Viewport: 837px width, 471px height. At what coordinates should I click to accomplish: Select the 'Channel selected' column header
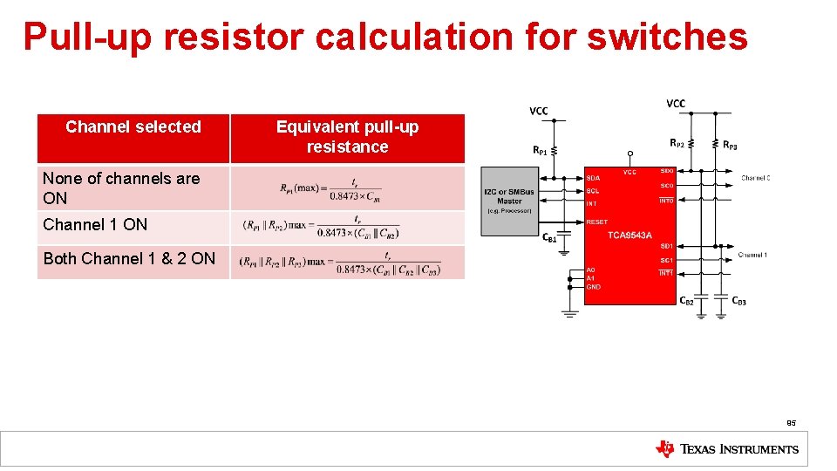coord(133,127)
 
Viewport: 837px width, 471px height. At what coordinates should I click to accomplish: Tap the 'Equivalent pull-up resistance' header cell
coord(347,137)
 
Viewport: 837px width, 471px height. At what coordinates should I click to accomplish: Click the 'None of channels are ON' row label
coord(121,188)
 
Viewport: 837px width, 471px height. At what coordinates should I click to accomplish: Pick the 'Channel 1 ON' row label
coord(95,225)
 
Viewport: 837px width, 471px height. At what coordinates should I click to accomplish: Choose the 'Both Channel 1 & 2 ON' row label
coord(129,259)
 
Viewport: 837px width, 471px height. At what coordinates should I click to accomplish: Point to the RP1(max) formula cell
coord(330,188)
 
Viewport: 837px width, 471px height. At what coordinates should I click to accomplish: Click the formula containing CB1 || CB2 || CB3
coord(341,262)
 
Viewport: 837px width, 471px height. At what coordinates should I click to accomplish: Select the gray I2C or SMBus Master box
coord(510,201)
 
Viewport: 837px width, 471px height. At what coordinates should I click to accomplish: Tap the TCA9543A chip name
coord(629,235)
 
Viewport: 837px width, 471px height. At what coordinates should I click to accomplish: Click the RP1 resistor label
coord(541,150)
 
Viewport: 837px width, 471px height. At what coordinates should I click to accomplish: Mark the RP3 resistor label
coord(731,144)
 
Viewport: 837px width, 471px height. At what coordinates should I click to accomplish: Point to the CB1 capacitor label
coord(549,238)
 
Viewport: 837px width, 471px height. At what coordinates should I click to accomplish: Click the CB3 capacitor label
coord(738,301)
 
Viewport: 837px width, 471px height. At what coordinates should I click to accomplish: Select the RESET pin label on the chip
coord(597,222)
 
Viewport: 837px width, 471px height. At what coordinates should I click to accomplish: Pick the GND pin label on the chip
coord(593,287)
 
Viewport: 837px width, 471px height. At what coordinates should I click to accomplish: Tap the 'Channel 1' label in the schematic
coord(752,255)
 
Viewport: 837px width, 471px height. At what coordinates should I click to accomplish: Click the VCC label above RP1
coord(539,111)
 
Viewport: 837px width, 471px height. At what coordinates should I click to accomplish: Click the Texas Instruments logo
coord(726,449)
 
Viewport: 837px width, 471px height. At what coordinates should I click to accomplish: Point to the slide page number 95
coord(791,423)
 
